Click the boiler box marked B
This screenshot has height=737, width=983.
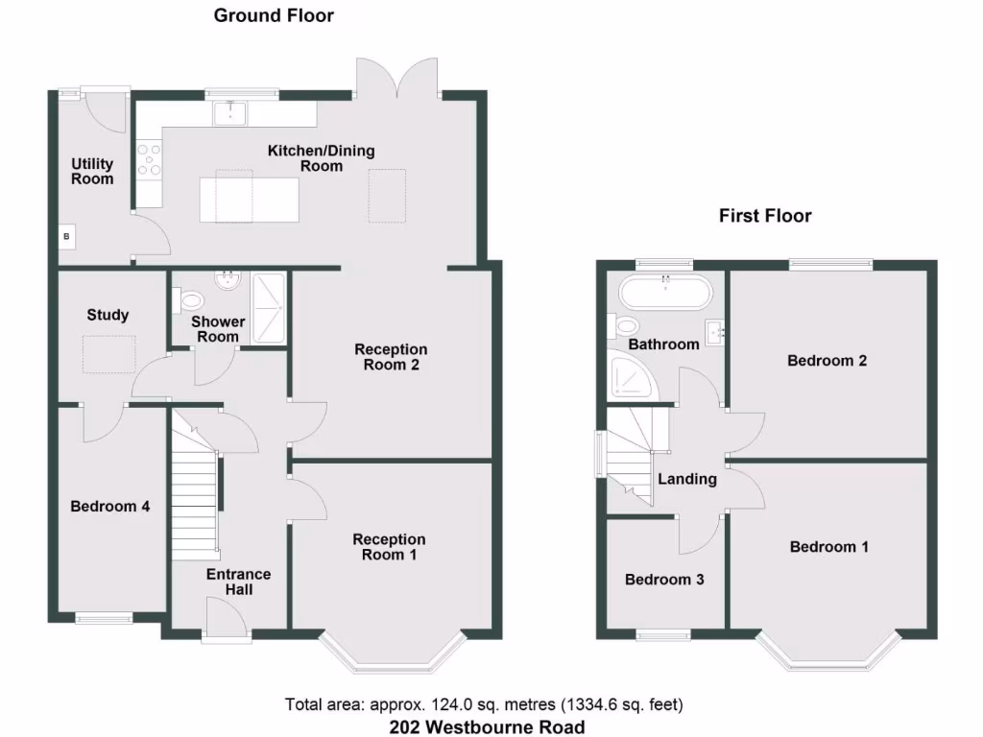tap(67, 236)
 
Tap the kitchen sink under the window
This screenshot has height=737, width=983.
tap(230, 114)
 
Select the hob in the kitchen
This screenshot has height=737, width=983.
tap(149, 159)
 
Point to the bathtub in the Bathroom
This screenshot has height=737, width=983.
tap(665, 291)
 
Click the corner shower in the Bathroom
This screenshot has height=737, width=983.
tap(631, 378)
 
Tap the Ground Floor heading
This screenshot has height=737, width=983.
tap(274, 15)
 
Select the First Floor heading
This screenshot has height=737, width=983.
tap(765, 216)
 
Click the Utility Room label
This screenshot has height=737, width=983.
tap(92, 172)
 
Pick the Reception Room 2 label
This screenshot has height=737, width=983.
tap(391, 357)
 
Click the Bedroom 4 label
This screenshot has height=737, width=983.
tap(109, 507)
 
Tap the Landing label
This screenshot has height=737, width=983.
tap(687, 479)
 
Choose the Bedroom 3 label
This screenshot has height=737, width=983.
tap(664, 580)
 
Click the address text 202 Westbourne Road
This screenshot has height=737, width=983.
tap(487, 726)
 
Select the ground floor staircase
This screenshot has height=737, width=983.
tap(196, 509)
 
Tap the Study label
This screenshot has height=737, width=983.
tap(108, 315)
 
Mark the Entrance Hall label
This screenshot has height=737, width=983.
tap(239, 582)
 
